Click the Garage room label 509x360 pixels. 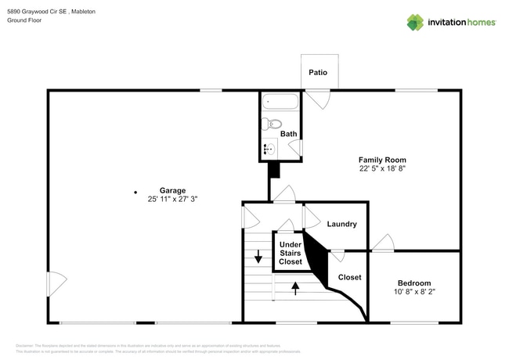(x=172, y=190)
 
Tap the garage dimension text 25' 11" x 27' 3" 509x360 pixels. (x=172, y=200)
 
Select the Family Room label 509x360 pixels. (x=382, y=159)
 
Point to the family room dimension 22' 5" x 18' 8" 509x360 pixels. (x=382, y=168)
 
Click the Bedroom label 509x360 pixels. (x=413, y=283)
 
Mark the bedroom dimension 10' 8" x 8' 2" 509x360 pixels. (x=413, y=293)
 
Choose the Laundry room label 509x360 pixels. (x=341, y=225)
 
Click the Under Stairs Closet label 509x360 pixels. (x=291, y=253)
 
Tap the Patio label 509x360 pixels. (x=318, y=73)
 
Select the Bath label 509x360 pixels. (x=289, y=134)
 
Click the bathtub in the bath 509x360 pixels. (x=280, y=102)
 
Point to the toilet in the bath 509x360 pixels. (x=272, y=123)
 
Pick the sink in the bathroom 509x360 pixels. (x=269, y=148)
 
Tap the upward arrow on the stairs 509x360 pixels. (x=295, y=288)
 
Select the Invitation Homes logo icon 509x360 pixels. (x=415, y=22)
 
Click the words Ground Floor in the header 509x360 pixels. (x=24, y=21)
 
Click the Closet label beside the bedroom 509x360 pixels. (x=349, y=277)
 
